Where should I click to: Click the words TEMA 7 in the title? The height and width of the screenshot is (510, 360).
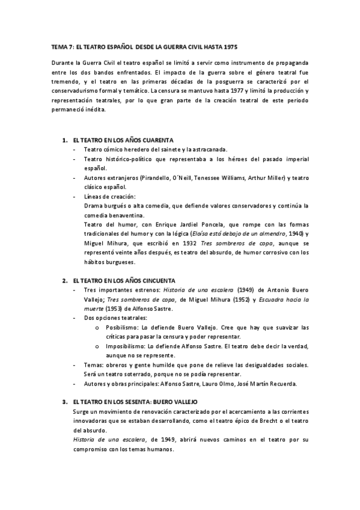(x=61, y=46)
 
